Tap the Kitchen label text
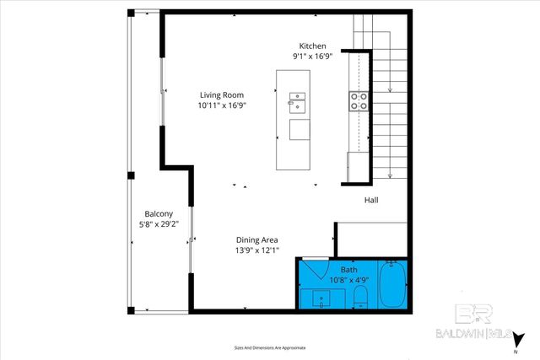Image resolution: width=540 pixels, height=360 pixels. point(312,46)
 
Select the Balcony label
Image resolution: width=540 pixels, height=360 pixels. point(159,213)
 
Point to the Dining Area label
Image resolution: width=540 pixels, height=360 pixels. point(257,239)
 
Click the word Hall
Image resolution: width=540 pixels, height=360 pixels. point(371,201)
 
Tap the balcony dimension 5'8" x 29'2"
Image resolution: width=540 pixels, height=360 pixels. point(159,224)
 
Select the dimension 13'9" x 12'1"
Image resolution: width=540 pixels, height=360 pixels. point(257,250)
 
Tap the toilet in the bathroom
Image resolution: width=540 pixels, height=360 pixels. point(359,296)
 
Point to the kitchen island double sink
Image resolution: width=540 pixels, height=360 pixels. point(299,101)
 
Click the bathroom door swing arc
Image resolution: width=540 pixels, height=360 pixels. point(314,267)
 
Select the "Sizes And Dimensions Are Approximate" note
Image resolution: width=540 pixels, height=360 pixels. point(269,347)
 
